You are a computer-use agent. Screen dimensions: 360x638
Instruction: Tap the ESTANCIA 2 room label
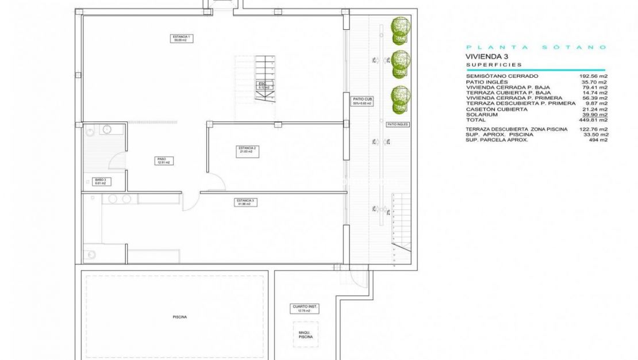(x=247, y=150)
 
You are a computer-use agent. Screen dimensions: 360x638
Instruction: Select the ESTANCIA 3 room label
(x=245, y=202)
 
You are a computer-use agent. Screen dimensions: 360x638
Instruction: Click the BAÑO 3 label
(x=100, y=181)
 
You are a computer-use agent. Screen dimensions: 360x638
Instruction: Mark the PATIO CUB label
(x=362, y=101)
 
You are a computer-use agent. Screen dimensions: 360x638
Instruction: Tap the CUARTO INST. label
(x=304, y=309)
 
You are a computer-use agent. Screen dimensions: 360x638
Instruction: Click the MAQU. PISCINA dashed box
(x=305, y=334)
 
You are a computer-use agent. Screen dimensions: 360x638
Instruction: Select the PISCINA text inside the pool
(x=179, y=317)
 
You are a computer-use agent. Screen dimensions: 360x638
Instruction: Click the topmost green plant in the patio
(x=401, y=30)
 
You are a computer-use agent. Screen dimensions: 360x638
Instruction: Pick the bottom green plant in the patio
(x=401, y=99)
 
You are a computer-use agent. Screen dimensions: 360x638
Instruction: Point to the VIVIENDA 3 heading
(x=486, y=56)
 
